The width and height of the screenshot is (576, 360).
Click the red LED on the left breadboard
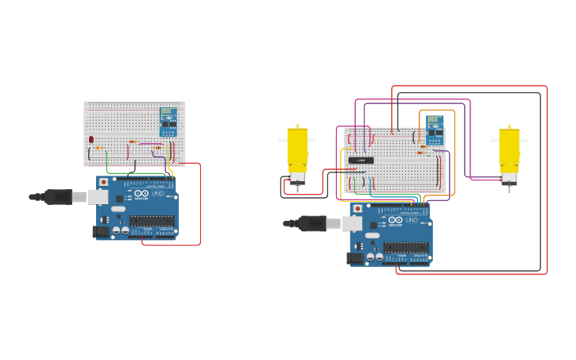pos(91,140)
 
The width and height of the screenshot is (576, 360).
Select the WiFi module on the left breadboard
pos(168,117)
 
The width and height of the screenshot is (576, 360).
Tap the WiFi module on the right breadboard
pos(434,126)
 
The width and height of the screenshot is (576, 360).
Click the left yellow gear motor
pos(297,151)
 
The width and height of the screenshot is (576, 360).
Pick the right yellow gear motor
pos(509,151)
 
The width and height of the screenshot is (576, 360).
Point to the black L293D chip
pos(361,161)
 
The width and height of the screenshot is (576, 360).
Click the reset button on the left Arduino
pos(103,182)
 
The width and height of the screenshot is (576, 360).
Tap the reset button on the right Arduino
pos(358,209)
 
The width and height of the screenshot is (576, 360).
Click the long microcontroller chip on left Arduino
pos(152,221)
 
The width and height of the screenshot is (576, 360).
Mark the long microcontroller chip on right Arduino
pos(406,248)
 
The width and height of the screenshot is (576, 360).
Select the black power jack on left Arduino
pos(100,231)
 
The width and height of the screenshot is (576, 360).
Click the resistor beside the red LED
pos(99,148)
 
